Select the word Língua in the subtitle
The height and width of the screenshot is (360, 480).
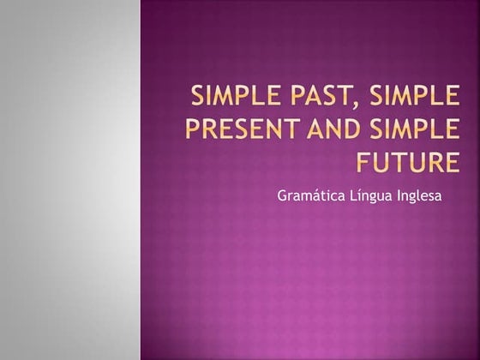(370, 196)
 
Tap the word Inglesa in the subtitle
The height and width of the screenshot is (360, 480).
(421, 195)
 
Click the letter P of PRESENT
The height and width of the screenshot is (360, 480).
(193, 129)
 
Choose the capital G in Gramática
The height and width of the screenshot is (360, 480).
(282, 195)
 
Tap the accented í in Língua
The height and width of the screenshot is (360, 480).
(358, 195)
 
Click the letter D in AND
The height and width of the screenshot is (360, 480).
(325, 129)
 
